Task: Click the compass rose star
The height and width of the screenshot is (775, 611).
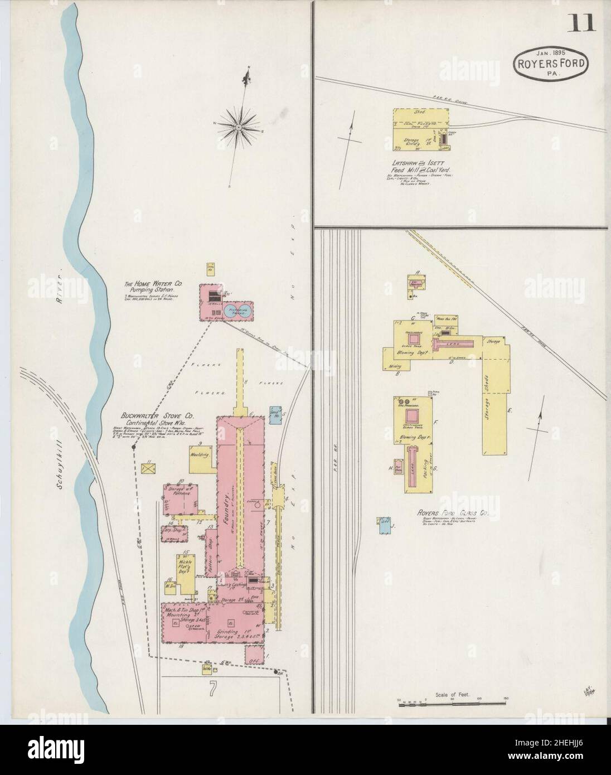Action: (238, 127)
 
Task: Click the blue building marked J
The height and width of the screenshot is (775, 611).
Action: (384, 526)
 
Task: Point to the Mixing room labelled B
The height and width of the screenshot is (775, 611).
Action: (396, 366)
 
